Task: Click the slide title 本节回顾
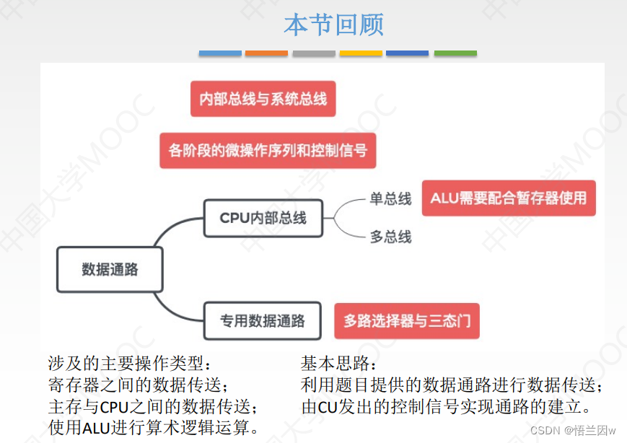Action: tap(333, 25)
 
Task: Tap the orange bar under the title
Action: tap(266, 53)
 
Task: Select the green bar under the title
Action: tap(455, 53)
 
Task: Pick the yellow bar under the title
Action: tap(361, 53)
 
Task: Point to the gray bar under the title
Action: tap(314, 53)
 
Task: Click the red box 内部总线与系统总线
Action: tap(263, 99)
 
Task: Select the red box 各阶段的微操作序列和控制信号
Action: tap(268, 151)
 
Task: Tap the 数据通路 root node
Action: tap(110, 270)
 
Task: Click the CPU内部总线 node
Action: tap(263, 218)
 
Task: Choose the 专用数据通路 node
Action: tap(263, 321)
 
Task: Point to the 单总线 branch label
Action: tap(390, 198)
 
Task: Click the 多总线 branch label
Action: tap(390, 236)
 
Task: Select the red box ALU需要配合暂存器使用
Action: tap(509, 198)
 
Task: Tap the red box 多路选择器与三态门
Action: tap(407, 321)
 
